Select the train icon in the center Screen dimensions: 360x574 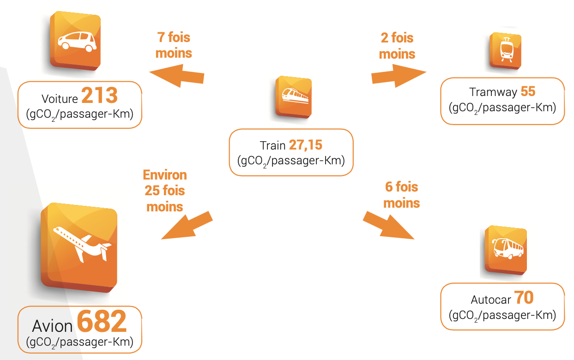294,96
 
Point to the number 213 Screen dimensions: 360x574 100,96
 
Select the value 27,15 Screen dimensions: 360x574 306,145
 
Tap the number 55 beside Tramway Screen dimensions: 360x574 528,91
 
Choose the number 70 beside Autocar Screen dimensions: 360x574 524,298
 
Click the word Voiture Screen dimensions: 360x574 60,99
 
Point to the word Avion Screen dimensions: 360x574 52,326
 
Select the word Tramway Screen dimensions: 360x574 493,92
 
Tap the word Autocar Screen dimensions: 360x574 491,300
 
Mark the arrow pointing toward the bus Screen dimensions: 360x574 388,226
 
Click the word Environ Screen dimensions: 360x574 165,175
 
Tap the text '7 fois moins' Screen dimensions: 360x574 174,45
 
